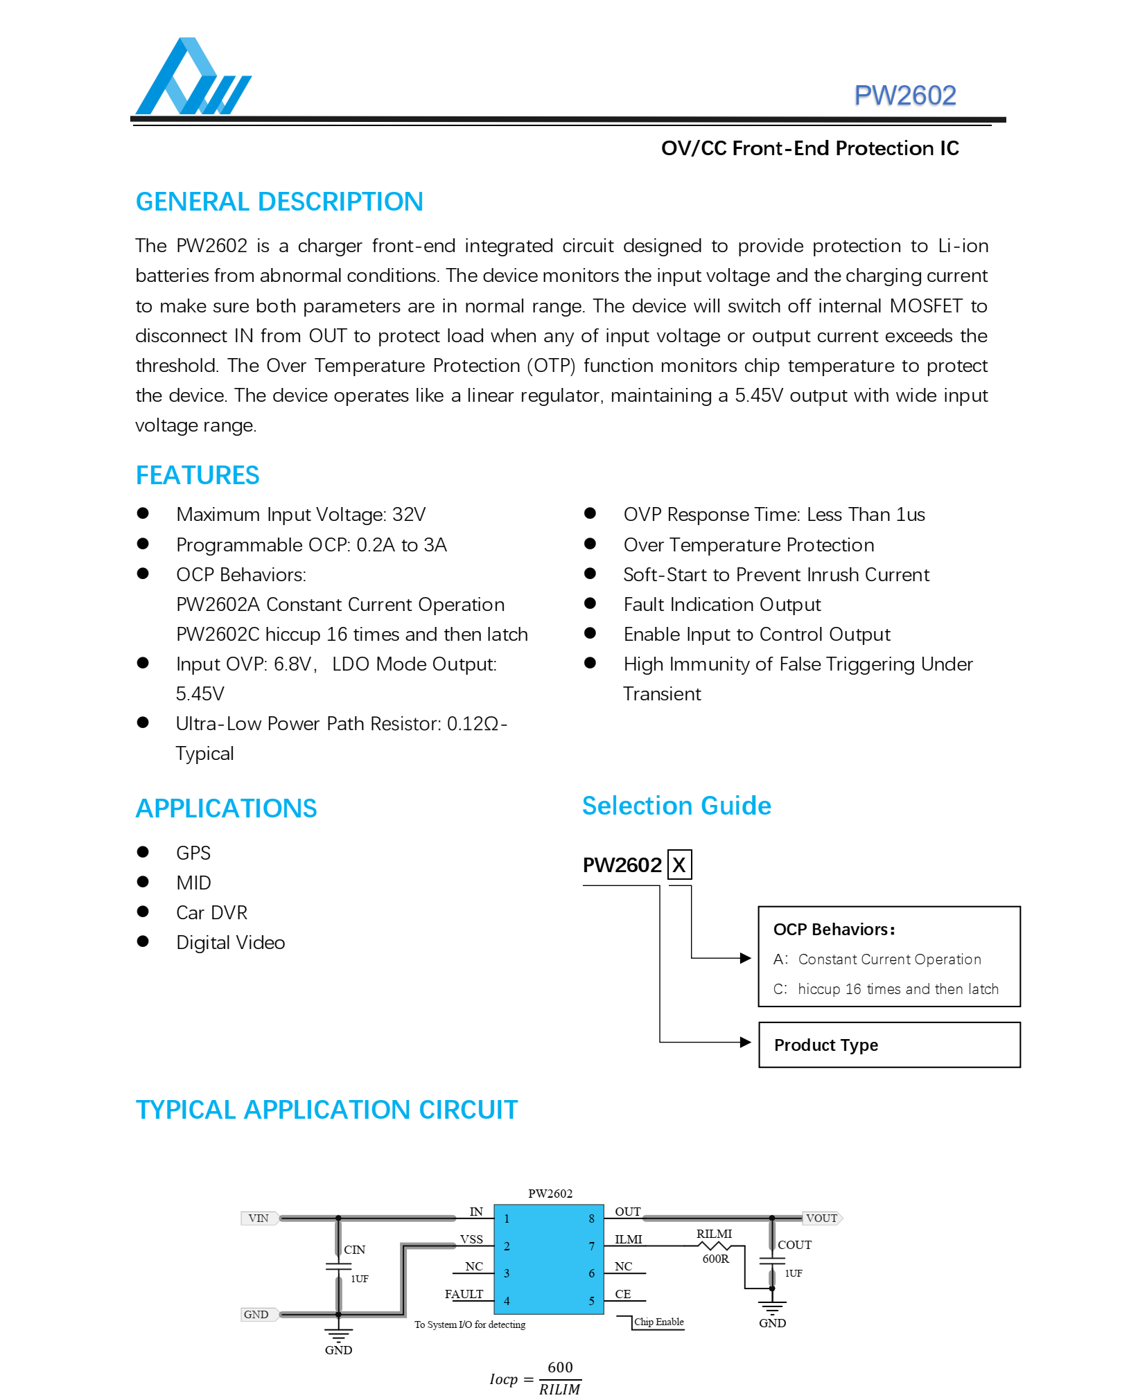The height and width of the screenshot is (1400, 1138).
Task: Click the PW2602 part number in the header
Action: click(x=904, y=96)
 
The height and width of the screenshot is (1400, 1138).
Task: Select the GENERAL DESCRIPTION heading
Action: click(x=279, y=202)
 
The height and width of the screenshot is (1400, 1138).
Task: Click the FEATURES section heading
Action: click(x=198, y=475)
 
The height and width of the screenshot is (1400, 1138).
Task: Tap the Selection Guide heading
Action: click(x=676, y=806)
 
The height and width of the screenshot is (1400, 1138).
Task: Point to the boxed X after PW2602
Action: click(x=679, y=865)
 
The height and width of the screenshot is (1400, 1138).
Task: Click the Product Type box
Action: click(x=889, y=1045)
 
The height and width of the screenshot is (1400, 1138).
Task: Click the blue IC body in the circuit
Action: click(x=548, y=1259)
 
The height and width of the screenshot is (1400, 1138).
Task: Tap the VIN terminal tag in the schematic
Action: click(x=259, y=1218)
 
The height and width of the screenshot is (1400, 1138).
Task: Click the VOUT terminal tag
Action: click(x=822, y=1218)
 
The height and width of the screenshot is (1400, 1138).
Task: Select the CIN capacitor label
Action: click(x=354, y=1250)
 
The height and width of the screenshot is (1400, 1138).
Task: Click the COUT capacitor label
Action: click(x=794, y=1245)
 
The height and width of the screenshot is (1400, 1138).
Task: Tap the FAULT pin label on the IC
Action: click(x=464, y=1294)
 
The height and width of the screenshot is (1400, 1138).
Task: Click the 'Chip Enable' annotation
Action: click(x=658, y=1322)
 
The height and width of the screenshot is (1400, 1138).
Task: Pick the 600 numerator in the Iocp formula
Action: click(x=560, y=1367)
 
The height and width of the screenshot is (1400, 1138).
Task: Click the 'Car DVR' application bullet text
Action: click(x=211, y=912)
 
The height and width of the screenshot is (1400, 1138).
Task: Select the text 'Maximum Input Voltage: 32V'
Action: click(x=301, y=515)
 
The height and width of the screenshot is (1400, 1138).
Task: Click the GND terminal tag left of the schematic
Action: click(x=256, y=1314)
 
